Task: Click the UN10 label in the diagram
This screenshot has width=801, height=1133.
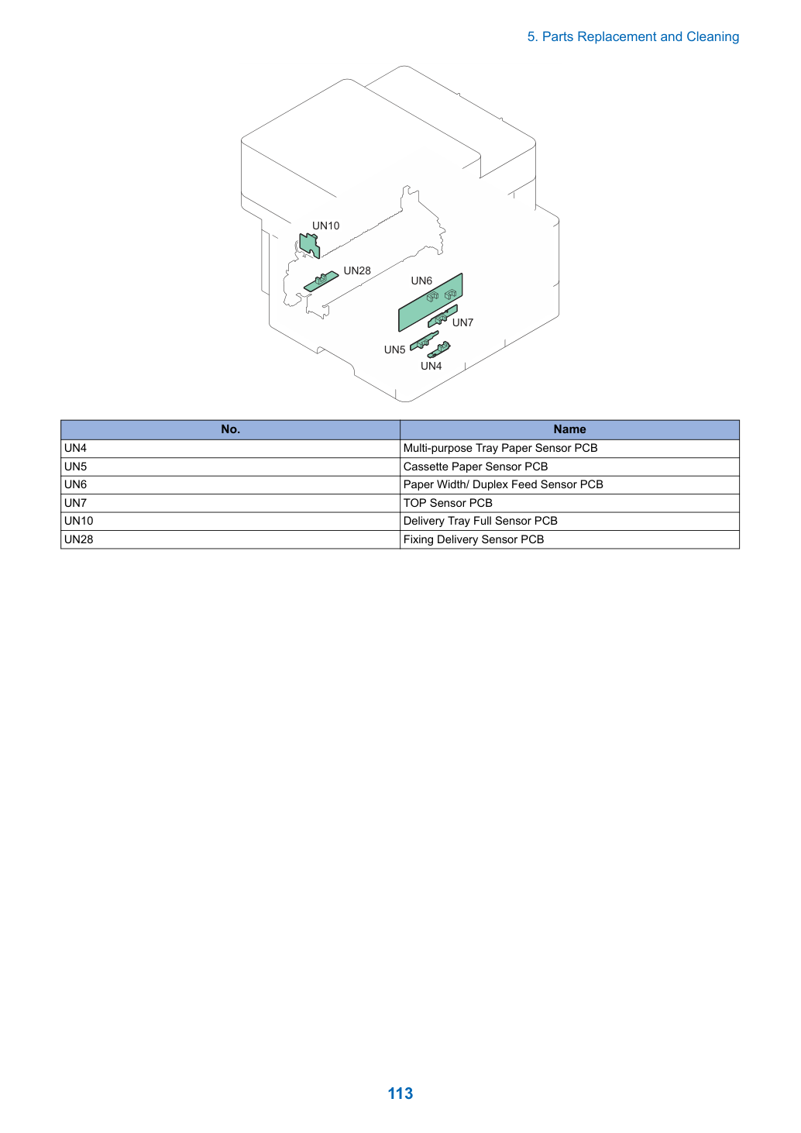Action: pyautogui.click(x=325, y=226)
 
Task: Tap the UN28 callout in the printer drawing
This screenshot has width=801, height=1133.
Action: pyautogui.click(x=357, y=270)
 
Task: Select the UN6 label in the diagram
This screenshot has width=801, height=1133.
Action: pyautogui.click(x=421, y=281)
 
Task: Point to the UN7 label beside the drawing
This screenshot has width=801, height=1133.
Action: pyautogui.click(x=462, y=322)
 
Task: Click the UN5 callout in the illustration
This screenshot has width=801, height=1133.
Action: pyautogui.click(x=394, y=350)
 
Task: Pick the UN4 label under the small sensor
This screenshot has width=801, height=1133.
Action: pyautogui.click(x=431, y=366)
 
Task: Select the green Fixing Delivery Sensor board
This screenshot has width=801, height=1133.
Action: pyautogui.click(x=321, y=281)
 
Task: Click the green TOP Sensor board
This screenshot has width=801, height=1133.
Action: pyautogui.click(x=442, y=316)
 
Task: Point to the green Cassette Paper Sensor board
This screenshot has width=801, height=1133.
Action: pyautogui.click(x=424, y=341)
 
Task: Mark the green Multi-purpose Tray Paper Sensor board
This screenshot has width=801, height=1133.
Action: pyautogui.click(x=439, y=350)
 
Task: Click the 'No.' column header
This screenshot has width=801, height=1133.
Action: pyautogui.click(x=230, y=429)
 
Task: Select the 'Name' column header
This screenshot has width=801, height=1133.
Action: pyautogui.click(x=569, y=429)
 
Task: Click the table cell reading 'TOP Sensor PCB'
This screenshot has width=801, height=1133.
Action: pyautogui.click(x=569, y=503)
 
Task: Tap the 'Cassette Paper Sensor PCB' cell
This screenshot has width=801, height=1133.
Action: pyautogui.click(x=569, y=467)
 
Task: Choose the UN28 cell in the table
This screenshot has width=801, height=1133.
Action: pyautogui.click(x=230, y=539)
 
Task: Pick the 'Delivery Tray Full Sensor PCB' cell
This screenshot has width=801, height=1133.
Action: pyautogui.click(x=569, y=522)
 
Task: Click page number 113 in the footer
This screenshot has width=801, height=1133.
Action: pyautogui.click(x=400, y=1093)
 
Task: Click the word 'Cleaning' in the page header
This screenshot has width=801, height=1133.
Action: pyautogui.click(x=713, y=37)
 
